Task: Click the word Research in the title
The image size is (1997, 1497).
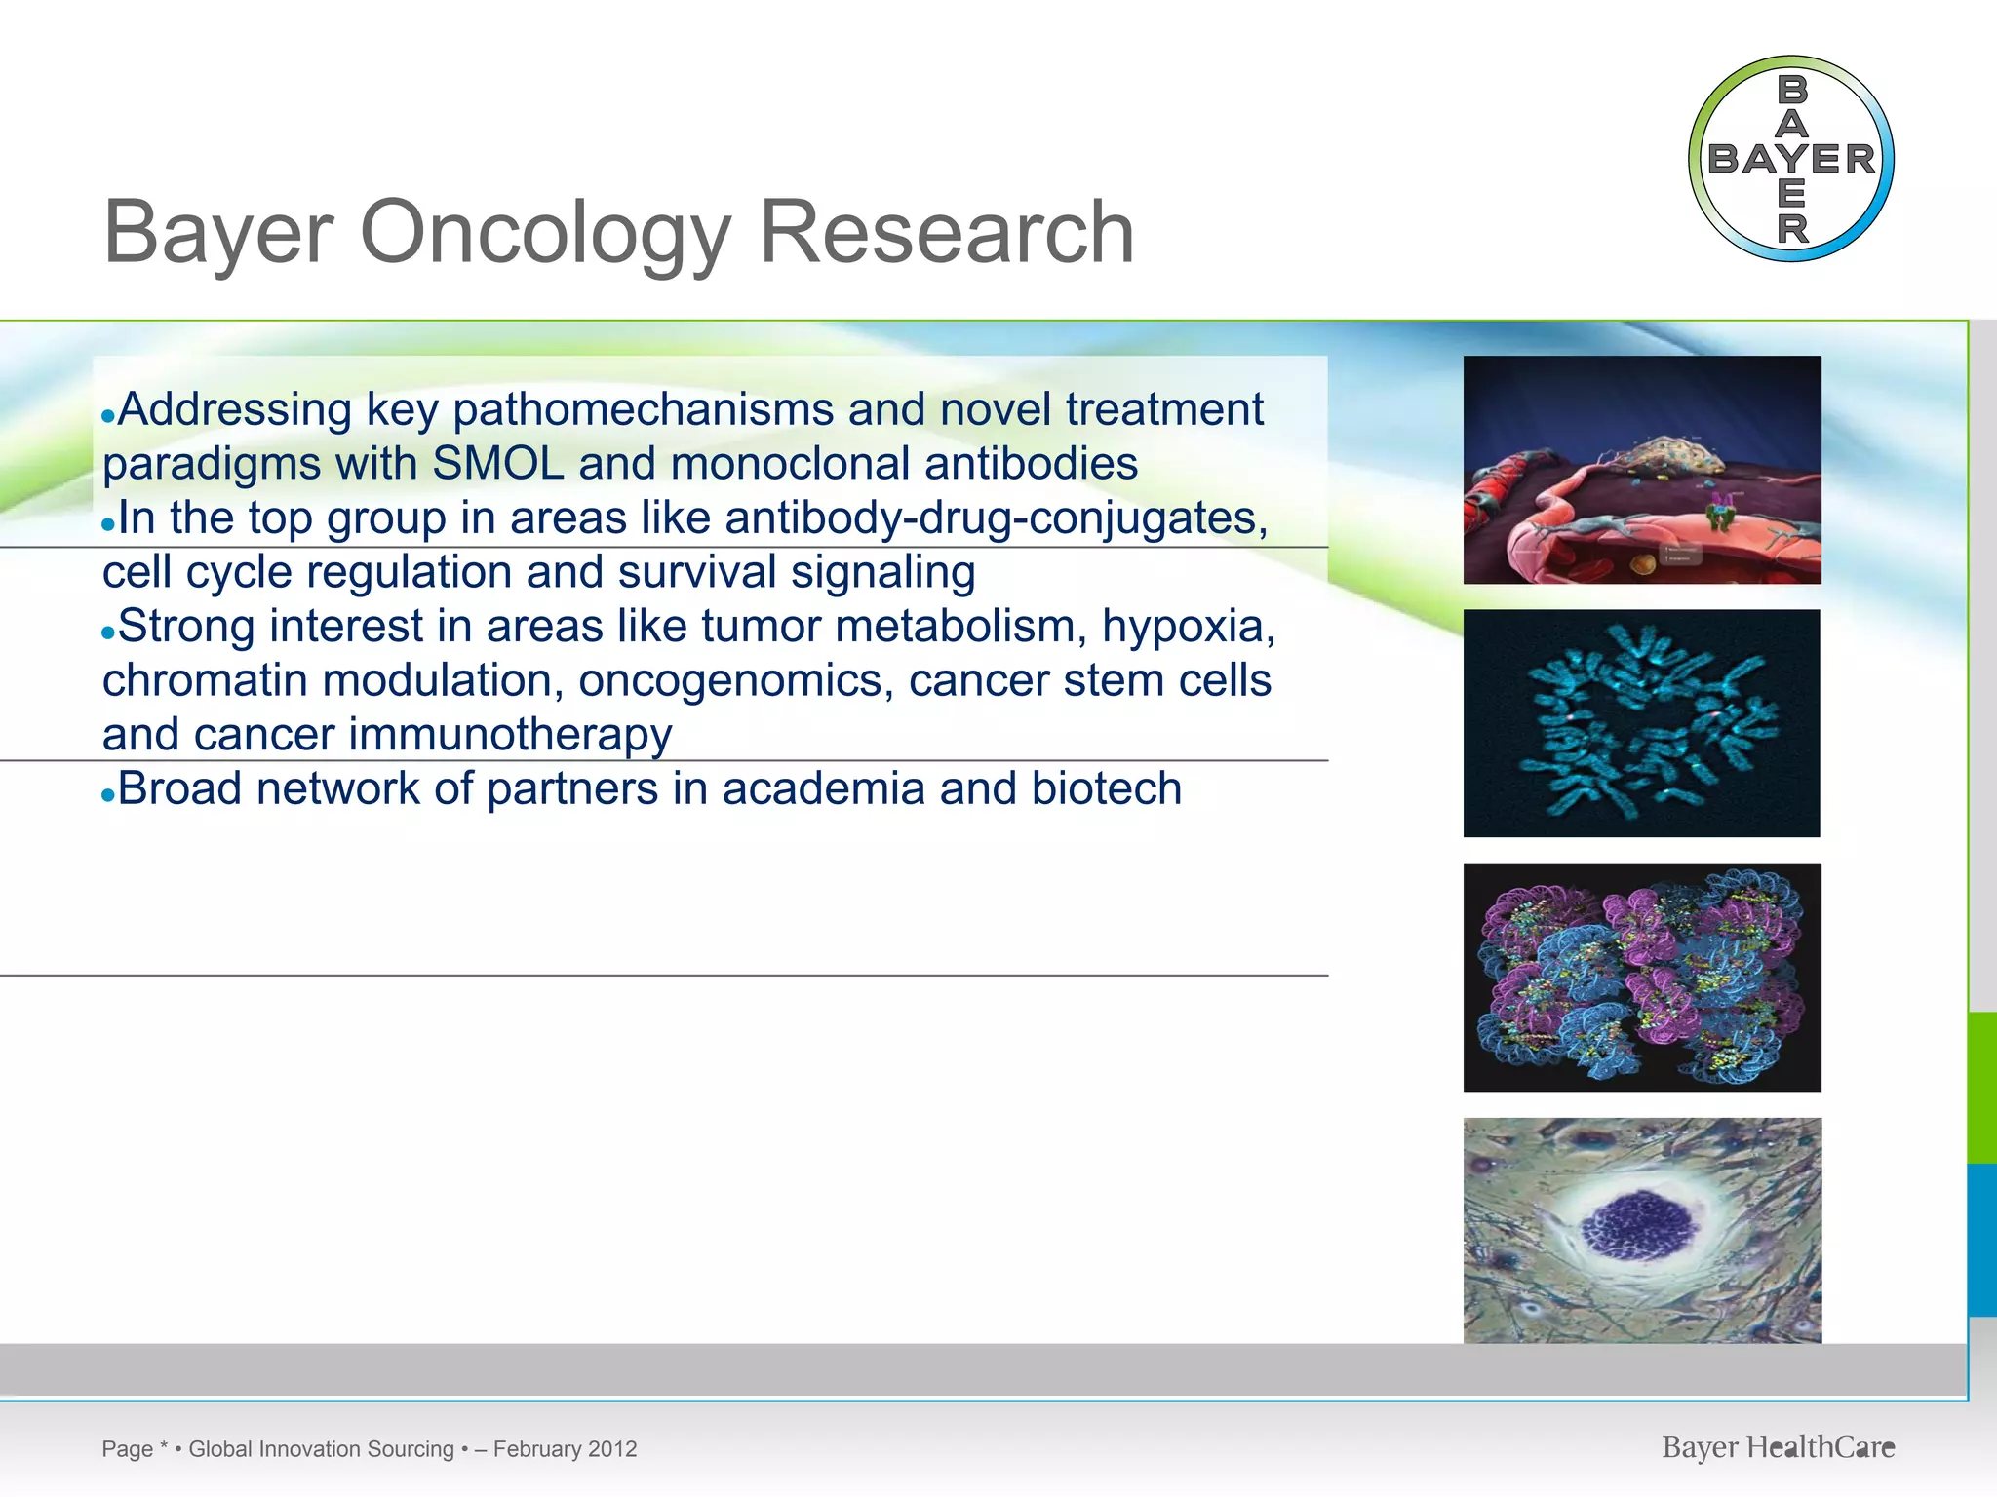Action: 946,232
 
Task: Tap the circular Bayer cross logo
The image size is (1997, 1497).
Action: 1790,159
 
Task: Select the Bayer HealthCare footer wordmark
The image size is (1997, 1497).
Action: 1778,1447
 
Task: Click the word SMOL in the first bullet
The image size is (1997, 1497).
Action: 497,464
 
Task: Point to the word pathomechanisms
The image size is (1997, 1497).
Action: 644,409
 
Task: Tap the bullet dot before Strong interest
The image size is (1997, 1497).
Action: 108,633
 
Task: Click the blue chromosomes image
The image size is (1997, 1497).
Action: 1642,723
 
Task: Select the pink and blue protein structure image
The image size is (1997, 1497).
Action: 1642,977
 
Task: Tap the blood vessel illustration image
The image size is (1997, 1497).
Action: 1642,470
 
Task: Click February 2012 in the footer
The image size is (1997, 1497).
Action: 565,1449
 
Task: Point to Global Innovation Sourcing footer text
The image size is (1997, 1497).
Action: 321,1449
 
